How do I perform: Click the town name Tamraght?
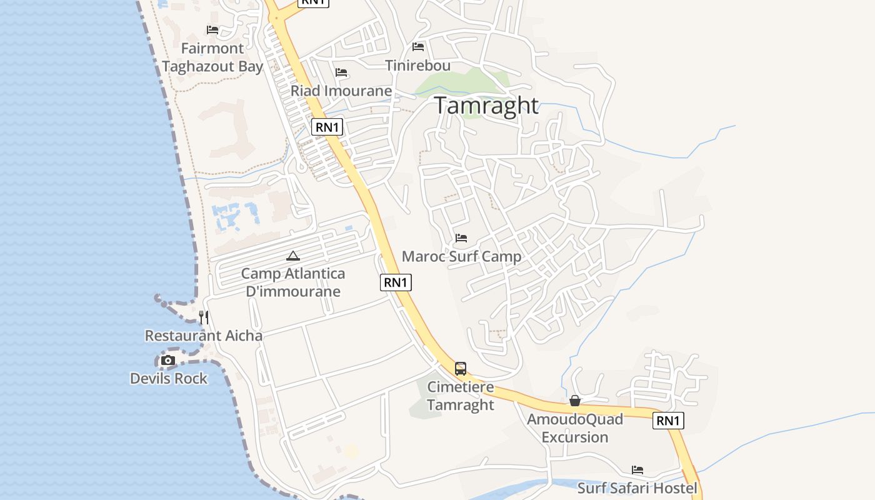click(x=486, y=105)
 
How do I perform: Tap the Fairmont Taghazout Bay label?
click(x=212, y=57)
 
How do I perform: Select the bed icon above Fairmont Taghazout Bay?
click(x=212, y=29)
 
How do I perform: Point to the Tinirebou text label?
click(x=417, y=66)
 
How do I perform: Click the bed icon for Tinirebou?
click(x=418, y=47)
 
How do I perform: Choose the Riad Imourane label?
click(x=341, y=91)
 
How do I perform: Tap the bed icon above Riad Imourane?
click(x=341, y=72)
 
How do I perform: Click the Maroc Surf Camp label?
click(x=461, y=256)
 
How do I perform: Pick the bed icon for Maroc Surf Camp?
click(x=461, y=238)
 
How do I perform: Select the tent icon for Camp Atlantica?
click(x=293, y=256)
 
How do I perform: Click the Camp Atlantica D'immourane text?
click(x=293, y=282)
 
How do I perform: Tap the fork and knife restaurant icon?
click(x=204, y=317)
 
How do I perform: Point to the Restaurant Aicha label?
click(x=204, y=336)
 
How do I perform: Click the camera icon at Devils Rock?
click(x=168, y=360)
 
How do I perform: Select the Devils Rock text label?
click(x=169, y=378)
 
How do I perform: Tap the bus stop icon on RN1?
click(x=461, y=369)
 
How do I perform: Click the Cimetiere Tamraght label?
click(x=461, y=396)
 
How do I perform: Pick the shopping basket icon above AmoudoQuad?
click(x=575, y=401)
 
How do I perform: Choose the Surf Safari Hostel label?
click(x=637, y=487)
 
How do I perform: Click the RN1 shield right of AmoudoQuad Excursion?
click(x=668, y=421)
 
